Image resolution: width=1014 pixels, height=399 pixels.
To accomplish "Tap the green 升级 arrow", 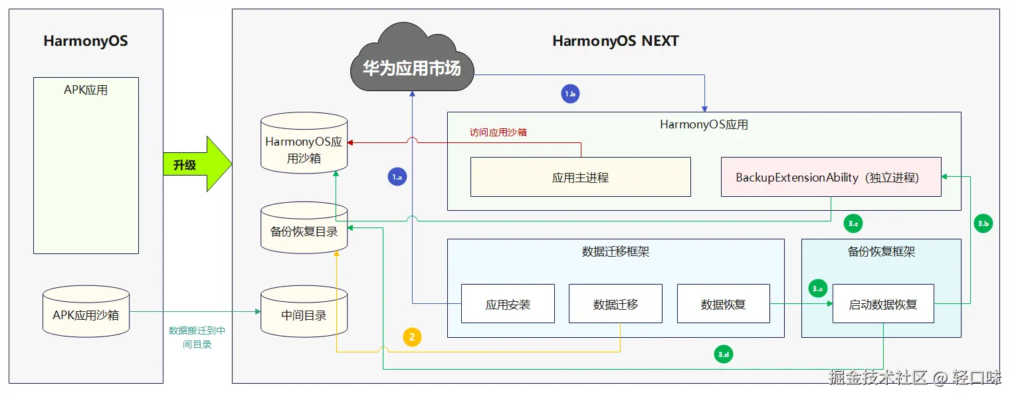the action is [197, 164].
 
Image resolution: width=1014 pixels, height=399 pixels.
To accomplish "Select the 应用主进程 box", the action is [580, 177].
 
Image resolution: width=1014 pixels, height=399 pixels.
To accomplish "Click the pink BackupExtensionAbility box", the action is [831, 177].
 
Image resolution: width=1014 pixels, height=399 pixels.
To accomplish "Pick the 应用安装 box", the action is [508, 304].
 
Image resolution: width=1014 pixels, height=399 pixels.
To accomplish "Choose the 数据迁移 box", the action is [615, 304].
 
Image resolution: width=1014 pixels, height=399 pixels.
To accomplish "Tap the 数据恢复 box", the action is [724, 304].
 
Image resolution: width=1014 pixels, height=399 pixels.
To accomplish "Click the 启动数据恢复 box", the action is [883, 304].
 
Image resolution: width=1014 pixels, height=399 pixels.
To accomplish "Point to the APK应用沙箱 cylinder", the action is [86, 312].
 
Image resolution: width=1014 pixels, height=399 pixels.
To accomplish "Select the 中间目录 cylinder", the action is [304, 312].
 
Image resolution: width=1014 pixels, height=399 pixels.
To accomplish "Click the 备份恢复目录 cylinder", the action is [304, 228].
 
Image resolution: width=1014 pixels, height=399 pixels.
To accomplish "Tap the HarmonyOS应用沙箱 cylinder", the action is [304, 143].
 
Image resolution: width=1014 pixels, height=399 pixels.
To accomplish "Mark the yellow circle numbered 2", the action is [412, 337].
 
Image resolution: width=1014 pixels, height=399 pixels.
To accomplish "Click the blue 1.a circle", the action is [397, 177].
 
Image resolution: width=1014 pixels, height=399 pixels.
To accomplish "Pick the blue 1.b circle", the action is [570, 94].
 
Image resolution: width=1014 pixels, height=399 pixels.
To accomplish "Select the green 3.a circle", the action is [817, 289].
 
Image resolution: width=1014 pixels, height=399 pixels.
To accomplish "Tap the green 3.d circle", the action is [724, 354].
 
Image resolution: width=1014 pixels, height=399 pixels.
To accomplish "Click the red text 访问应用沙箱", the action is [498, 132].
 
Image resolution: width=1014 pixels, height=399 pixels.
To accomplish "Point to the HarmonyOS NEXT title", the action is [615, 41].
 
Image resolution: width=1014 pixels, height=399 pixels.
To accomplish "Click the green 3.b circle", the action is [983, 223].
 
